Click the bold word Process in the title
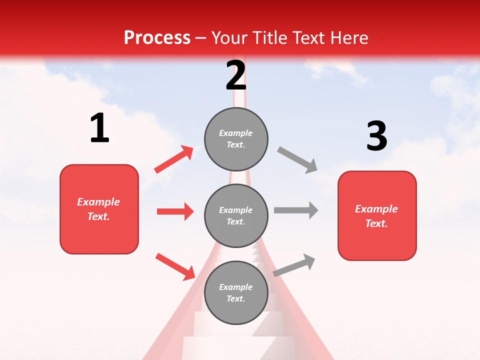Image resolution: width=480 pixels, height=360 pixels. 157,38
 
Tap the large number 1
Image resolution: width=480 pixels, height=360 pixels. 99,128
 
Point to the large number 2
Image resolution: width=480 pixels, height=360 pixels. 236,75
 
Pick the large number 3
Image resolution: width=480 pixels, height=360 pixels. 376,136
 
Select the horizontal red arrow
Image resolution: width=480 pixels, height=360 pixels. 175,211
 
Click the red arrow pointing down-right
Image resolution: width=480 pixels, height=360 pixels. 175,266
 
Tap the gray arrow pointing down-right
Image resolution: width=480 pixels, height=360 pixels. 297,160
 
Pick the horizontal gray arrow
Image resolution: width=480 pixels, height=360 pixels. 296,210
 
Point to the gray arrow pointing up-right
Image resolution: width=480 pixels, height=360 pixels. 294,265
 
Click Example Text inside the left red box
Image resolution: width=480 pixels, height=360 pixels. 98,209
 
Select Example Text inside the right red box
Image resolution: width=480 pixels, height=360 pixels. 376,216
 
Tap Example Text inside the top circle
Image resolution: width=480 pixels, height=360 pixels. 236,139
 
